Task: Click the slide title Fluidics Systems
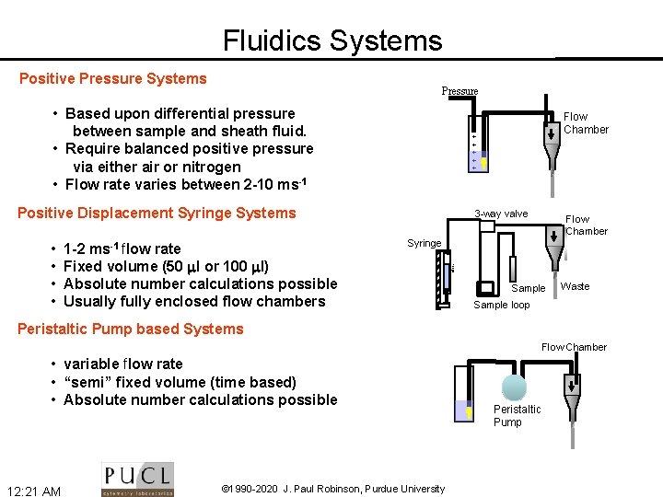click(x=332, y=40)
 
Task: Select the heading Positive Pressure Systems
click(x=113, y=78)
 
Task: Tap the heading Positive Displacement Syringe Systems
click(x=157, y=213)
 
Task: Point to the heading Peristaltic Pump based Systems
click(x=130, y=329)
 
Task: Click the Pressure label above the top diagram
click(x=459, y=91)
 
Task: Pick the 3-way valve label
click(x=501, y=214)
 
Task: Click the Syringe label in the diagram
click(x=425, y=243)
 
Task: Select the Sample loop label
click(x=501, y=305)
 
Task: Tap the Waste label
click(x=575, y=286)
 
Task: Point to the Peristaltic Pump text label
click(x=517, y=415)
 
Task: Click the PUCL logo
click(x=137, y=479)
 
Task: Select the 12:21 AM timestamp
click(x=33, y=491)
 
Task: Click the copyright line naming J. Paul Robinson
click(x=333, y=489)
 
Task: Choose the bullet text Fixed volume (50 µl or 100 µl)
click(x=167, y=266)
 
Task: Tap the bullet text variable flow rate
click(x=123, y=364)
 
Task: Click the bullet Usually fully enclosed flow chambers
click(x=194, y=301)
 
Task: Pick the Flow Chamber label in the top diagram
click(x=586, y=123)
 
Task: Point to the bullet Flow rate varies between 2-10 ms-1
click(x=185, y=183)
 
